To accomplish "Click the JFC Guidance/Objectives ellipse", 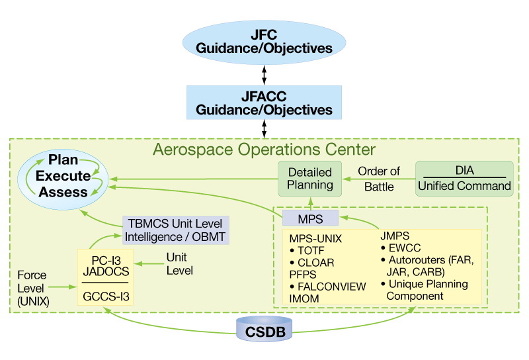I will pos(264,40).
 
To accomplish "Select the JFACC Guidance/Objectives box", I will pos(264,101).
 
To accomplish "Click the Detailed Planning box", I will pos(311,177).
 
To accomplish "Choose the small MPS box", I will pos(311,218).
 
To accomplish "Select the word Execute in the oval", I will pos(63,176).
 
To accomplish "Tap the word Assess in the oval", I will pos(63,192).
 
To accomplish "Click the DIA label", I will pos(465,170).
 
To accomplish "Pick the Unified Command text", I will pos(465,186).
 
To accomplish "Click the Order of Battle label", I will pos(379,179).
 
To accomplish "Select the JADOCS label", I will pos(106,270).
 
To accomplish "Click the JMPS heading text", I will pos(395,235).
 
